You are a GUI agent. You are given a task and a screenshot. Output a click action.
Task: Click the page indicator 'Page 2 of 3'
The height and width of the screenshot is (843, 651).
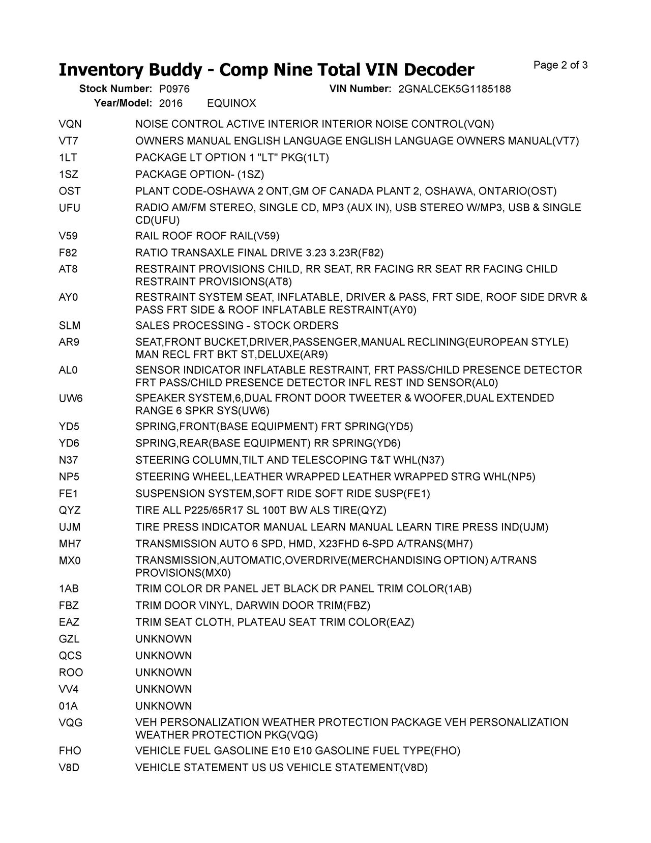(x=560, y=65)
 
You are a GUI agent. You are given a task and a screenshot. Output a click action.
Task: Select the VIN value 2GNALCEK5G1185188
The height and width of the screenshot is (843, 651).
(x=454, y=89)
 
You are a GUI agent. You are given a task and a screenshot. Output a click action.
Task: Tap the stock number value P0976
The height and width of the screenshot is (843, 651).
(x=174, y=89)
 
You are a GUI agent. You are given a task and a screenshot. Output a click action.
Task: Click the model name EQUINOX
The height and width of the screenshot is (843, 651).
(x=231, y=104)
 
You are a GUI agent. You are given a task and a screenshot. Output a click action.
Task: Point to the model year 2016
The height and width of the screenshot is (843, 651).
(x=171, y=104)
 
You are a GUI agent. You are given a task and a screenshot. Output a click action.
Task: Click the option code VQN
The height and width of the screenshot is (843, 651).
(x=70, y=124)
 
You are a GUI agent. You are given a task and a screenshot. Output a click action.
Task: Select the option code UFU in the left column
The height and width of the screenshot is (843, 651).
(x=70, y=208)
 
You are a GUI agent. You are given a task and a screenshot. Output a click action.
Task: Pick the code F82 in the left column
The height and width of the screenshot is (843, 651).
(x=68, y=253)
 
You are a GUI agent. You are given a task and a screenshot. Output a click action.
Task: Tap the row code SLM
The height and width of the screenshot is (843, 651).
(x=70, y=326)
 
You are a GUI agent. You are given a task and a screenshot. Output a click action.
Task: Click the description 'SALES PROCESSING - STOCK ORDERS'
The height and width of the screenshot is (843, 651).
(x=236, y=326)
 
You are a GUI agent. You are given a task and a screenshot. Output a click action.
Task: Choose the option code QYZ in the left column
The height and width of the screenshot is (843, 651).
(x=70, y=511)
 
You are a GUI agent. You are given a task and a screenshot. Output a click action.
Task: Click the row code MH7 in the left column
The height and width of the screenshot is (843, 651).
(x=70, y=544)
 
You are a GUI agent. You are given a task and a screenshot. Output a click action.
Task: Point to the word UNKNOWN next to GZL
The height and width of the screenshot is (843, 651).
(x=163, y=639)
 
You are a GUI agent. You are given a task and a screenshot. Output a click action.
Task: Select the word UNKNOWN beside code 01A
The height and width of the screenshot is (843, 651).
(x=163, y=707)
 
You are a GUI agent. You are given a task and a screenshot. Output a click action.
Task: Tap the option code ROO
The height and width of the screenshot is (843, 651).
(x=71, y=673)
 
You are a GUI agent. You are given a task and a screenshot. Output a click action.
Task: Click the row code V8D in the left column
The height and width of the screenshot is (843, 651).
(x=69, y=768)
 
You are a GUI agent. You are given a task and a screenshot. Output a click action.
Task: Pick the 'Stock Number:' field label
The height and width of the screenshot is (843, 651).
(x=115, y=89)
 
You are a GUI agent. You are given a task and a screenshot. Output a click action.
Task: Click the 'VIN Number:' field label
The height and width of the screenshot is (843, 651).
(x=360, y=89)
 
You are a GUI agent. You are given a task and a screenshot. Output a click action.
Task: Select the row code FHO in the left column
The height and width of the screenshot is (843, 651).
(x=70, y=751)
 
